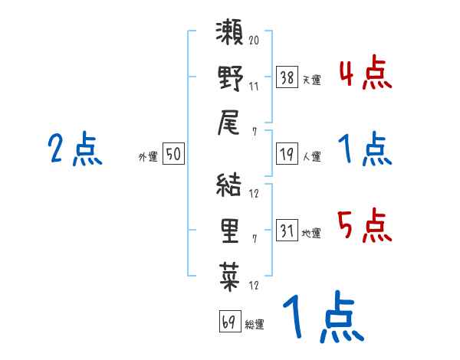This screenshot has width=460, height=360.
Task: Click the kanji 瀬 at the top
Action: (229, 34)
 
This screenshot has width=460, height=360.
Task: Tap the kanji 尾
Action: (229, 122)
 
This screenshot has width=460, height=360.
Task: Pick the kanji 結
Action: (229, 186)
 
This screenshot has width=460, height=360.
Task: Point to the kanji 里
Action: (229, 230)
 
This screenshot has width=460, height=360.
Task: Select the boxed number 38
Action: (287, 77)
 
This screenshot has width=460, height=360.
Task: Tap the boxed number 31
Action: (287, 231)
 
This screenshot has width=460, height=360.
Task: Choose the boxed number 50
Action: (172, 155)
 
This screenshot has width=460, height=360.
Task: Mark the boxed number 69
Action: (228, 322)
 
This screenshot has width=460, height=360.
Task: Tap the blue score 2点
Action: (74, 149)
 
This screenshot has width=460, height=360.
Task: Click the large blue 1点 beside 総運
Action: (321, 318)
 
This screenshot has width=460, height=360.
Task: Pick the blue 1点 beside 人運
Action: (365, 149)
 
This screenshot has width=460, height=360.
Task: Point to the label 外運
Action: (148, 156)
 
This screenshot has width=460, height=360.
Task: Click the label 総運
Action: (255, 324)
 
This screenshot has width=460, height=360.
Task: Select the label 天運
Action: (311, 80)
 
